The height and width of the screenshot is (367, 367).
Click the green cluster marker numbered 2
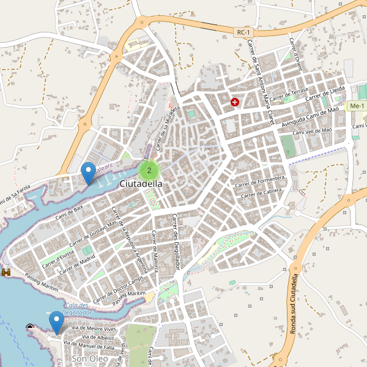point(149,170)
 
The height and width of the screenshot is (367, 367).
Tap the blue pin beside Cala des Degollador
point(57,322)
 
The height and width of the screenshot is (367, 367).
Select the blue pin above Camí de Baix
point(89,172)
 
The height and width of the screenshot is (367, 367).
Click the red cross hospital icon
point(234,102)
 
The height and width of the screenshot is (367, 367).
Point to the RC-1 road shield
point(243,31)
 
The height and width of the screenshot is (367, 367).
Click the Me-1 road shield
point(356,106)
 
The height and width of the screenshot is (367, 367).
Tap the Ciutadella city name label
point(141,183)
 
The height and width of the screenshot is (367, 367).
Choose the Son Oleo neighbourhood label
point(90,358)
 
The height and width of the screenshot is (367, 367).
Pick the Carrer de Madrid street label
point(78,260)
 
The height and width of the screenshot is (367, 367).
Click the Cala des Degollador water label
point(77,309)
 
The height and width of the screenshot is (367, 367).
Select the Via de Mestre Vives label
point(94,328)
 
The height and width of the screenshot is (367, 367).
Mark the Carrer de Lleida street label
point(325,92)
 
